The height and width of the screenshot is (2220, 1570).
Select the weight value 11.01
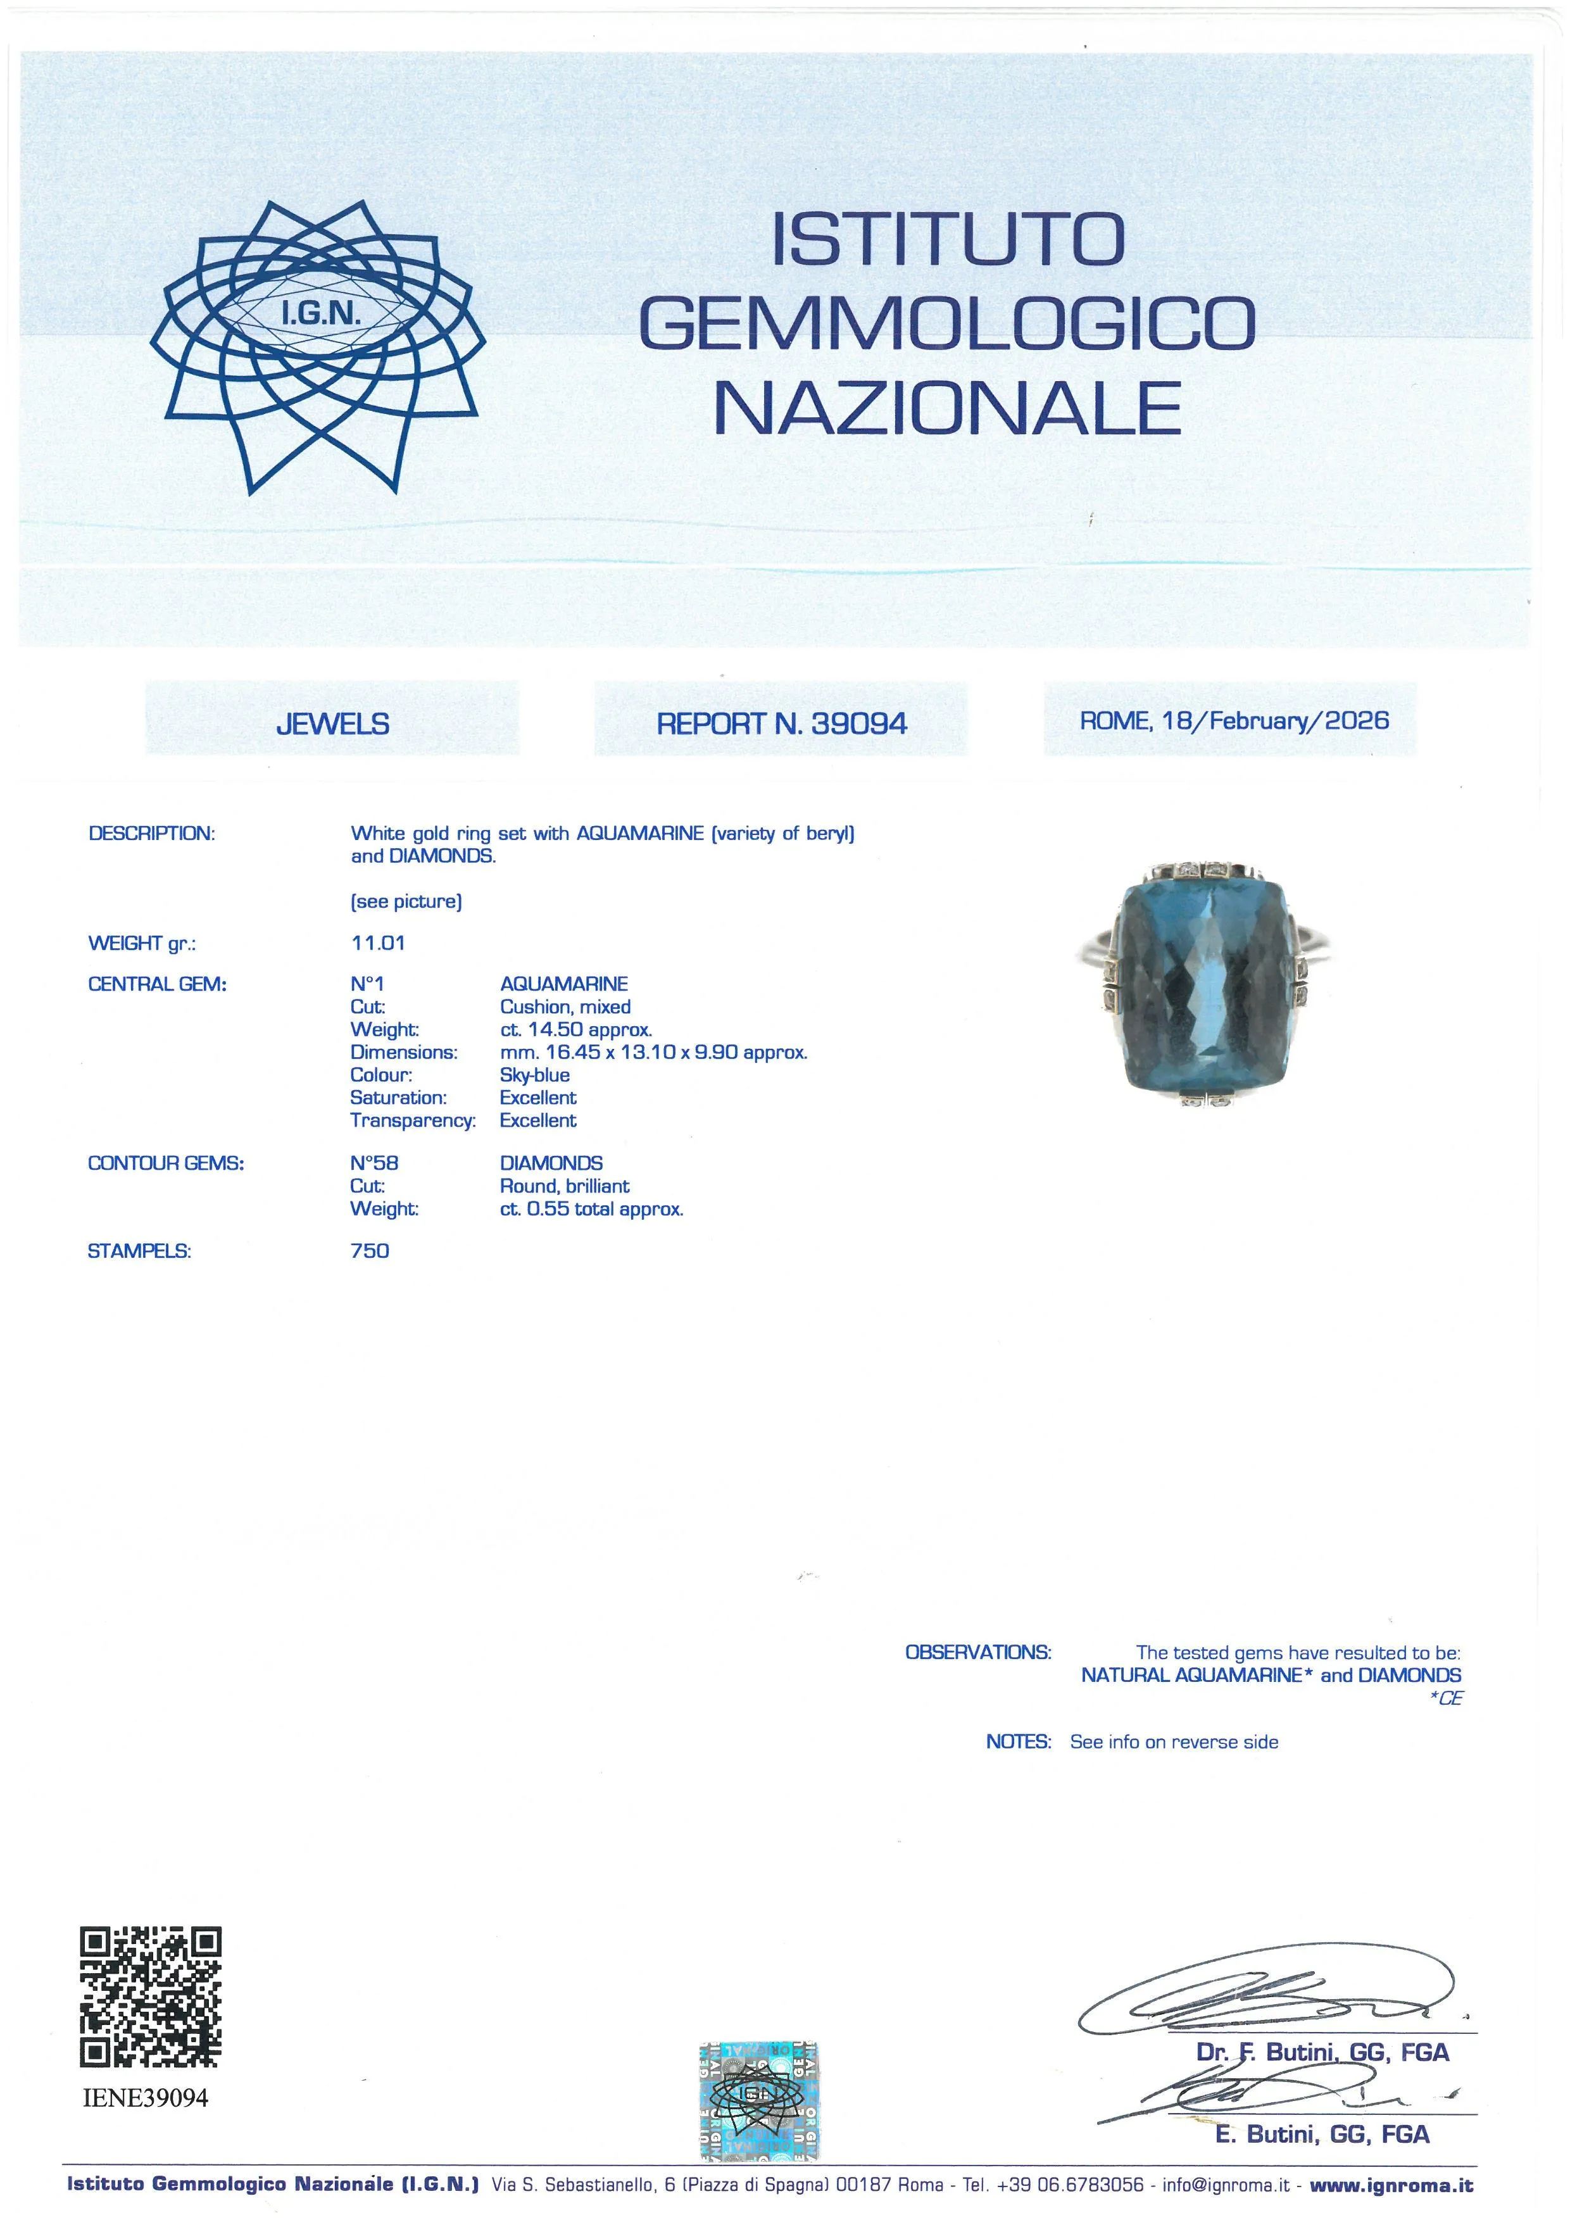[378, 943]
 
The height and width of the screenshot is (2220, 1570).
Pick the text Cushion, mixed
[565, 1007]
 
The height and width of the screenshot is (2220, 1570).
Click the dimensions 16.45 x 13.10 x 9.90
[653, 1052]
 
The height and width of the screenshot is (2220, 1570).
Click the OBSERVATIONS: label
[977, 1652]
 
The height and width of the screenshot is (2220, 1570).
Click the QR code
[150, 1998]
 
